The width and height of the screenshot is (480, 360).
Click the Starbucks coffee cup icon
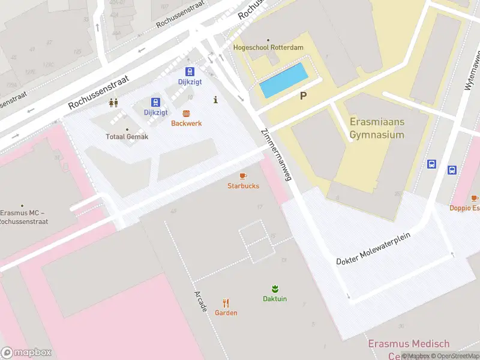coord(243,176)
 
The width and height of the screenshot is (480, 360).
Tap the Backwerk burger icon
coord(186,113)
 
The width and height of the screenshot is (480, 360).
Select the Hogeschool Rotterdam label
coord(268,47)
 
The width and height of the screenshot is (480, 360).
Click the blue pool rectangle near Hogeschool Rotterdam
coord(284,81)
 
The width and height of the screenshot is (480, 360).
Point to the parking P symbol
coord(304,95)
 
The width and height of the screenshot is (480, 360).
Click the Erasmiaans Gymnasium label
coord(377,128)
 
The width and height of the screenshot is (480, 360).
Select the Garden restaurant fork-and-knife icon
coord(226,303)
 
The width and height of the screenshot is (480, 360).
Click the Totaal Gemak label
coord(127,136)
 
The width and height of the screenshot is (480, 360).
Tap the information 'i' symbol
coord(215,100)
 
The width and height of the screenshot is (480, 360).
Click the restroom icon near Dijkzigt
coord(113,103)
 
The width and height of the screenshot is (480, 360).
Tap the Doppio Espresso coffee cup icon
coord(475,198)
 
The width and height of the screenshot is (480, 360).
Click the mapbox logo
coord(26,353)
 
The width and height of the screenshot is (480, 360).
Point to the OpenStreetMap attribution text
coord(455,356)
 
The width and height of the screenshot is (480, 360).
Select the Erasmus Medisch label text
coord(408,344)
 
